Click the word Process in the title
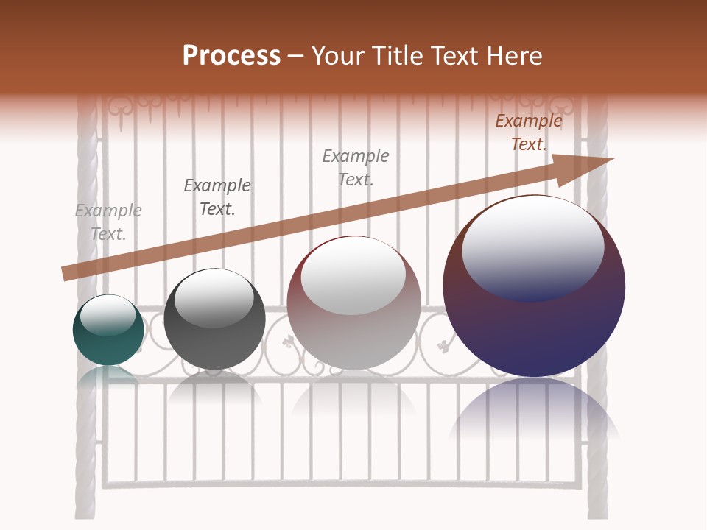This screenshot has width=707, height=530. coord(231,56)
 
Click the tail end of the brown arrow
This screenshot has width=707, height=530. coord(65,274)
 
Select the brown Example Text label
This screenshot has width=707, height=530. coord(529,132)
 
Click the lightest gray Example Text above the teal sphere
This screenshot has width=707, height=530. coord(108,222)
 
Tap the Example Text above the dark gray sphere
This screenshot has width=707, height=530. coord(217,197)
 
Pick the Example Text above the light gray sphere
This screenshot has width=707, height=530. coord(356,167)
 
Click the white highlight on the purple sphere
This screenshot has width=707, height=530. coord(532,247)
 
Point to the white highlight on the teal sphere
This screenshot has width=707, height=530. coord(108,315)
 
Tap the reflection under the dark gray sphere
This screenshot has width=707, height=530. coord(214,386)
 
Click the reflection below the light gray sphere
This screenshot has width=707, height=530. coord(353,397)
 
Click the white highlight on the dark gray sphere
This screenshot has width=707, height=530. coord(214,297)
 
